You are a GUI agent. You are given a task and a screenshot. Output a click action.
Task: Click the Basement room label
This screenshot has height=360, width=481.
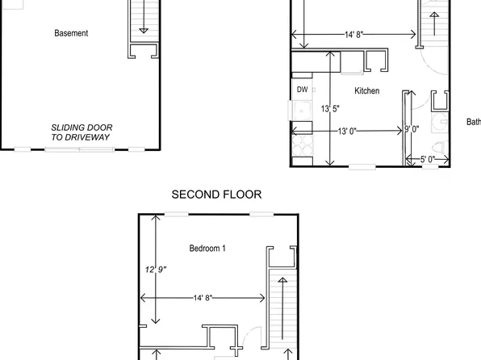click(x=71, y=33)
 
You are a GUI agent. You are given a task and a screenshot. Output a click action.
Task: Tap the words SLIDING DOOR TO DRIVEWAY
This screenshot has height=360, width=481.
click(x=82, y=132)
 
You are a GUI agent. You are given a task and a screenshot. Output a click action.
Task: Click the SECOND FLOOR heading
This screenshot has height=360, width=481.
click(x=216, y=195)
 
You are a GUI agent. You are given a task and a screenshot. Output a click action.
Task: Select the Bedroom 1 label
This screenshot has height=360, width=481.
click(x=207, y=249)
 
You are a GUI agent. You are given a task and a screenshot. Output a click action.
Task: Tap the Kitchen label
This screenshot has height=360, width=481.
click(x=366, y=91)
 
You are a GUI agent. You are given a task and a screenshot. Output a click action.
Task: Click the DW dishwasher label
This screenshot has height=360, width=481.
click(x=303, y=90)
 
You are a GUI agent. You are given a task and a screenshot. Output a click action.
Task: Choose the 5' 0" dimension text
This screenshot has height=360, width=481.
click(x=427, y=160)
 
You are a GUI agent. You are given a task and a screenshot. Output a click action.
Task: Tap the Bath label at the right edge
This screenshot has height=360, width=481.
click(x=473, y=123)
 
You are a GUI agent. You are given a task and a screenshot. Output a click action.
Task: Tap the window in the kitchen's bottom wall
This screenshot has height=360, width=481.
click(x=362, y=167)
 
